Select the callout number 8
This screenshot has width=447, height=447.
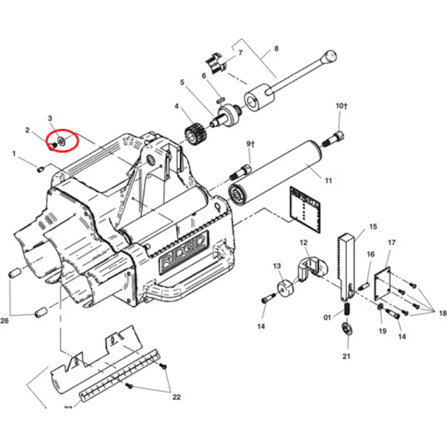coord(276,48)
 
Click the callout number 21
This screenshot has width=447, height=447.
coord(347,357)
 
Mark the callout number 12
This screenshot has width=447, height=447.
coord(303,243)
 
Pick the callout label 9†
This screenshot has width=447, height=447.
coord(251,144)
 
